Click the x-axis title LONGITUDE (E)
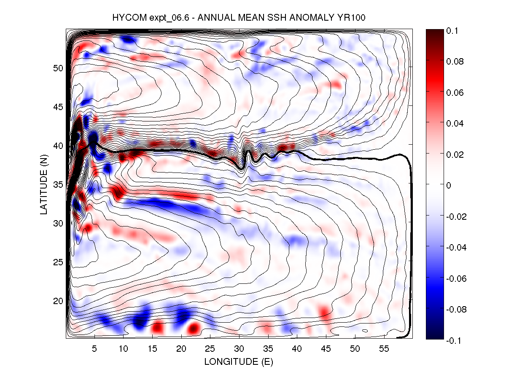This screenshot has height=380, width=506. coord(239,361)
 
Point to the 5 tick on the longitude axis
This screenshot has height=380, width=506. coord(94,349)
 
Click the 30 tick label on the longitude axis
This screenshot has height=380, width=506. coord(239,349)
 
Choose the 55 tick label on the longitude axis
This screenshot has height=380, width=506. coord(384,349)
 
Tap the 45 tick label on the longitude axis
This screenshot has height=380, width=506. coord(326,349)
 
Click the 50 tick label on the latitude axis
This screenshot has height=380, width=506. coord(58,68)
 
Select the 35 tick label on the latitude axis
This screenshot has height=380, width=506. coord(58,184)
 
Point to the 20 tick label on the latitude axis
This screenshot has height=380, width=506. coord(58,301)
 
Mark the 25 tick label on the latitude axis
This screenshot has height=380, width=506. coord(58,262)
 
